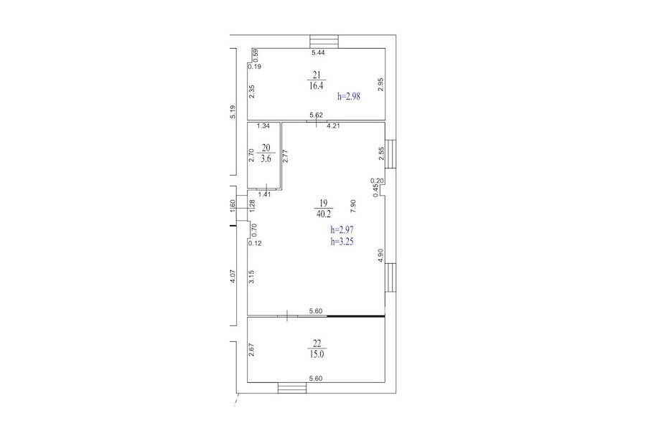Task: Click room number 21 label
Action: (317, 75)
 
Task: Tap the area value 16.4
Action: (317, 85)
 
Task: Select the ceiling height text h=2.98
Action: (349, 97)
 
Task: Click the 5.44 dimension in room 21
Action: (318, 52)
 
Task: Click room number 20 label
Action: (266, 148)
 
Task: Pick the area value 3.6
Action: (266, 158)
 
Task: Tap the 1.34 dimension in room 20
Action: (263, 126)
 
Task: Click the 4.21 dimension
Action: (333, 126)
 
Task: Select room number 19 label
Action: (323, 202)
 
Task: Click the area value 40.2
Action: (323, 214)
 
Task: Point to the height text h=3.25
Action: (342, 242)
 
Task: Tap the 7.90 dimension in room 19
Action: (352, 206)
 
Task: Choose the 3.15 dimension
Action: (251, 276)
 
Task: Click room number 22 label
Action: (317, 343)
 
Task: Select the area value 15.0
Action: (317, 354)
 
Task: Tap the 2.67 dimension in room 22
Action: (251, 350)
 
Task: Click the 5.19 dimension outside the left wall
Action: (233, 113)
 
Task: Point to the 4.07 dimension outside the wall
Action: (233, 276)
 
